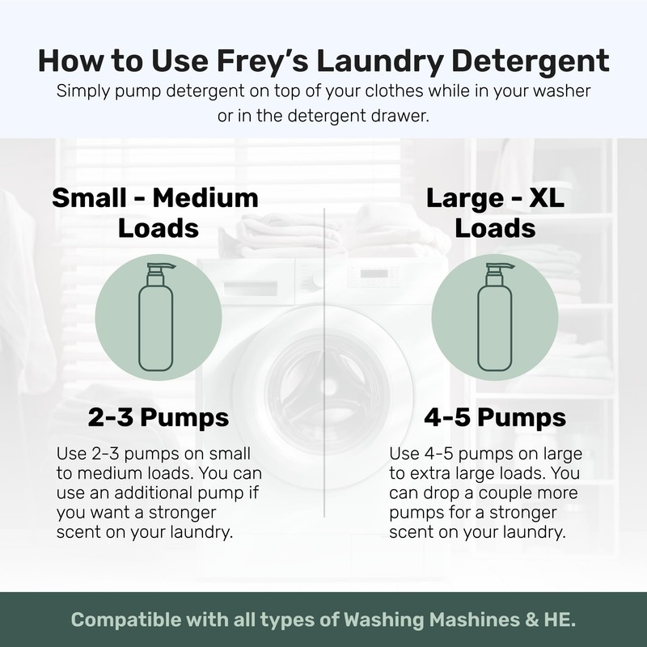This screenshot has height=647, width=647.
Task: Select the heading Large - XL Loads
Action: point(495,213)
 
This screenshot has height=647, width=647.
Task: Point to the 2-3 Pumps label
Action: point(159,418)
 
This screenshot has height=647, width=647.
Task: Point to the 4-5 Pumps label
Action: point(495,418)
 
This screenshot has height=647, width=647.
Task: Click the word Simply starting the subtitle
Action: point(82,91)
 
